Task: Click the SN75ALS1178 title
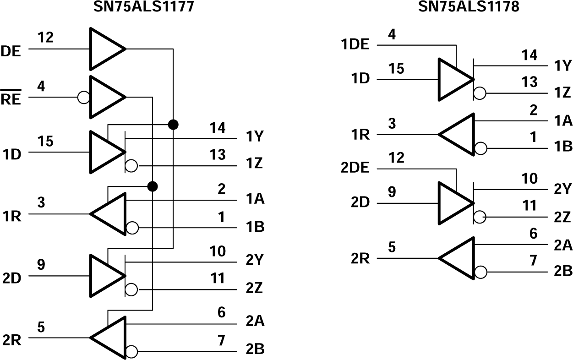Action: pyautogui.click(x=469, y=6)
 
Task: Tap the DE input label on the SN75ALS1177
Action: pyautogui.click(x=11, y=51)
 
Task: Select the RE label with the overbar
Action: pyautogui.click(x=11, y=98)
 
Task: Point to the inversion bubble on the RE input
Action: pyautogui.click(x=84, y=98)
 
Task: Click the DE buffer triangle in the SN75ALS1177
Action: pyautogui.click(x=104, y=49)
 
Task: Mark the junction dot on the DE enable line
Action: pyautogui.click(x=173, y=124)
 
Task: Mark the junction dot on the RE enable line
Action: pyautogui.click(x=153, y=186)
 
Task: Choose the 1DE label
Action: pyautogui.click(x=355, y=45)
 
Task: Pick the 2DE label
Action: pyautogui.click(x=355, y=168)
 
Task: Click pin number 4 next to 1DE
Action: pyautogui.click(x=392, y=34)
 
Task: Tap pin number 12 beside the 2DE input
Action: pyautogui.click(x=396, y=158)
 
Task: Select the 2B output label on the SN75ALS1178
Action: pyautogui.click(x=562, y=271)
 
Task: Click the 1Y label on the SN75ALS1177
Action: pyautogui.click(x=254, y=137)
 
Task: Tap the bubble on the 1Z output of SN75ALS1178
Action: pyautogui.click(x=480, y=93)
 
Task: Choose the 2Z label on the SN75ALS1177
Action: pyautogui.click(x=254, y=289)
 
